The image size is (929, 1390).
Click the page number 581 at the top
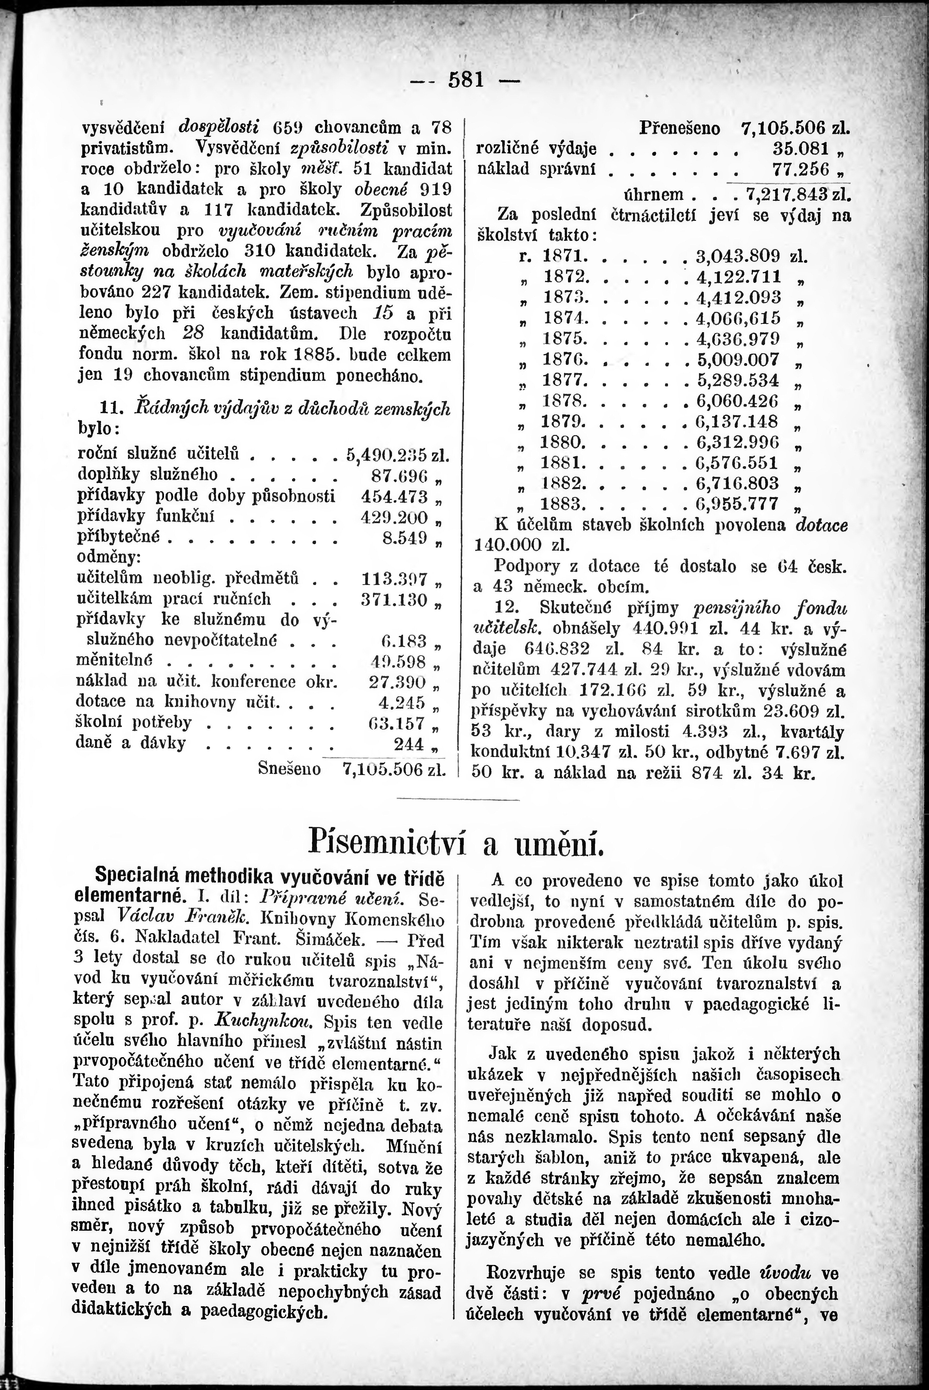click(467, 80)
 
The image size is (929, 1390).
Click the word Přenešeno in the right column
click(679, 128)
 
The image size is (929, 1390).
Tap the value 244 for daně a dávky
click(409, 743)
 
